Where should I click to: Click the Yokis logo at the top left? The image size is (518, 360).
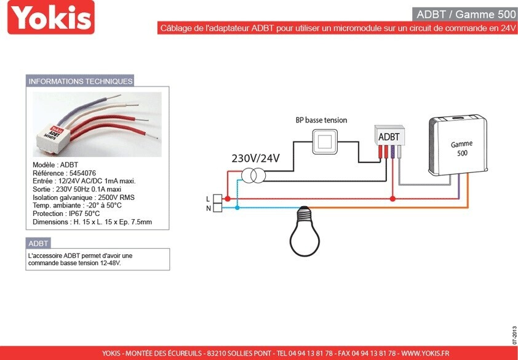(x=51, y=17)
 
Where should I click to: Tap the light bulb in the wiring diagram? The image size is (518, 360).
(x=305, y=231)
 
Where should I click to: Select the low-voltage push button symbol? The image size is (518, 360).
(x=325, y=142)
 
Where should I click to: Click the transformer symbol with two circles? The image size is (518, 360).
(x=253, y=175)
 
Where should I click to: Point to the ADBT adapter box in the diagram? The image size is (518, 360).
(x=389, y=135)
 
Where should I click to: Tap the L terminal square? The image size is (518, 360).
(x=217, y=199)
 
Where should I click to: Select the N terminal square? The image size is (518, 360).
(x=217, y=207)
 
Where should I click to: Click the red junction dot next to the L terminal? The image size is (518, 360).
(x=227, y=199)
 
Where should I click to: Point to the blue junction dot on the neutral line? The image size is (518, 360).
(x=237, y=207)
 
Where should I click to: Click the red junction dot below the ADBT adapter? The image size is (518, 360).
(x=392, y=199)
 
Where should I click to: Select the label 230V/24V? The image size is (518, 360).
(x=255, y=159)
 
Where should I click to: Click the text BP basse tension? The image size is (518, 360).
(x=321, y=120)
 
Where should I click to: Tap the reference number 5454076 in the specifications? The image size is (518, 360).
(x=82, y=173)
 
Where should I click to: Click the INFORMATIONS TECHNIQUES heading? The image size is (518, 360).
(x=80, y=81)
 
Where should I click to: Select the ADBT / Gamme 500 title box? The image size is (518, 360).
(x=464, y=14)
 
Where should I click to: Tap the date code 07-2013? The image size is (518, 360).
(x=514, y=336)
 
